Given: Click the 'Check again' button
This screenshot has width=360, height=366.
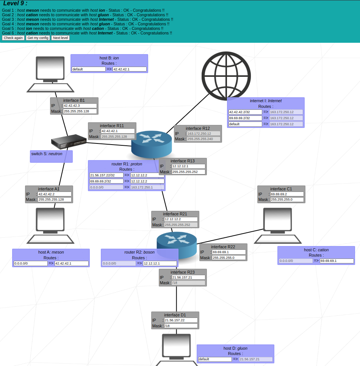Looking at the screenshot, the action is pos(13,38).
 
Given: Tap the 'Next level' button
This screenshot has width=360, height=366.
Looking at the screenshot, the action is pos(61,38).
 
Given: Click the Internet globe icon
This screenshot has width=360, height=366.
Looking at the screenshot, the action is pos(226,76).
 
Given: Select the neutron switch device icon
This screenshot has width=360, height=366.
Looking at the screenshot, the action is pos(69,142).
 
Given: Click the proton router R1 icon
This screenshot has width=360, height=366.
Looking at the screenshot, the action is pos(152,144).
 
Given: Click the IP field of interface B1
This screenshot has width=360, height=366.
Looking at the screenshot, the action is pos(80,106).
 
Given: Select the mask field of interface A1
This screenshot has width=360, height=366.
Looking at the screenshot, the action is pos(55,199).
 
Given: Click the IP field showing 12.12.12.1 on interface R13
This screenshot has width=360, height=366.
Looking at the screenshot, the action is pos(188,166).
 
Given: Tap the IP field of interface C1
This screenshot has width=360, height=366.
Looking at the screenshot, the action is pos(287,194).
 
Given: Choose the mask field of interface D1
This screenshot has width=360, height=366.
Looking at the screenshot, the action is pos(181,326).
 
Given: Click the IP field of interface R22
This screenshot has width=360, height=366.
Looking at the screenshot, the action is pos(229,252).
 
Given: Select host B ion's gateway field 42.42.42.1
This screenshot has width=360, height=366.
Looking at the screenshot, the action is pos(129,69).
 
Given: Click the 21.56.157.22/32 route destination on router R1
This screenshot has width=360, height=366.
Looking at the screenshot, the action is pos(106,175).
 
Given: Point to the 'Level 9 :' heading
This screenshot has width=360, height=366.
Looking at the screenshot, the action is pos(15,3).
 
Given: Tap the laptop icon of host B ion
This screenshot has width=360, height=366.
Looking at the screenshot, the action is pos(50,74).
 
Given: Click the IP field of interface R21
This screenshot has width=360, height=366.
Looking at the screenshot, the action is pos(181,219).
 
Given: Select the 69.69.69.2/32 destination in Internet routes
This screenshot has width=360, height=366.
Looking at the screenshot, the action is pos(245,118).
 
